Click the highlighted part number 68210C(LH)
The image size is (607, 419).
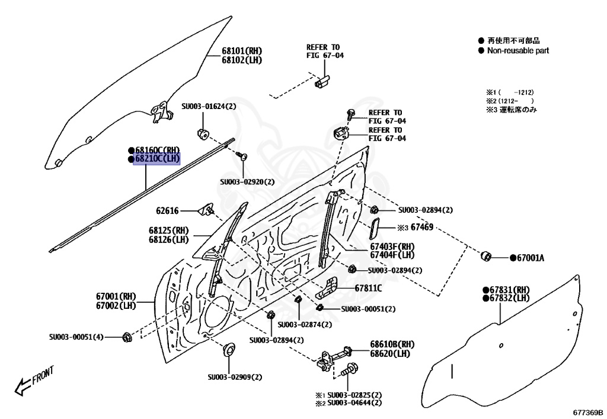(x=157, y=159)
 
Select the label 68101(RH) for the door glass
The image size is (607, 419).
(x=242, y=51)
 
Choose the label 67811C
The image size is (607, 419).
(x=368, y=289)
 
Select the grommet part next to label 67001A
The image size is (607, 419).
(x=486, y=256)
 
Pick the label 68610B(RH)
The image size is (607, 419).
(x=392, y=344)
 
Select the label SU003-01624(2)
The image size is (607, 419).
(x=208, y=106)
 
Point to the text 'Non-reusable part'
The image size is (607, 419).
(x=517, y=51)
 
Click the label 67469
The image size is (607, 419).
(x=423, y=227)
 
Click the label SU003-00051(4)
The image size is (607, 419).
(x=76, y=337)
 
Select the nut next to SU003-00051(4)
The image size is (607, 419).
(x=126, y=337)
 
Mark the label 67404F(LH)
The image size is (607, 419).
(x=392, y=255)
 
